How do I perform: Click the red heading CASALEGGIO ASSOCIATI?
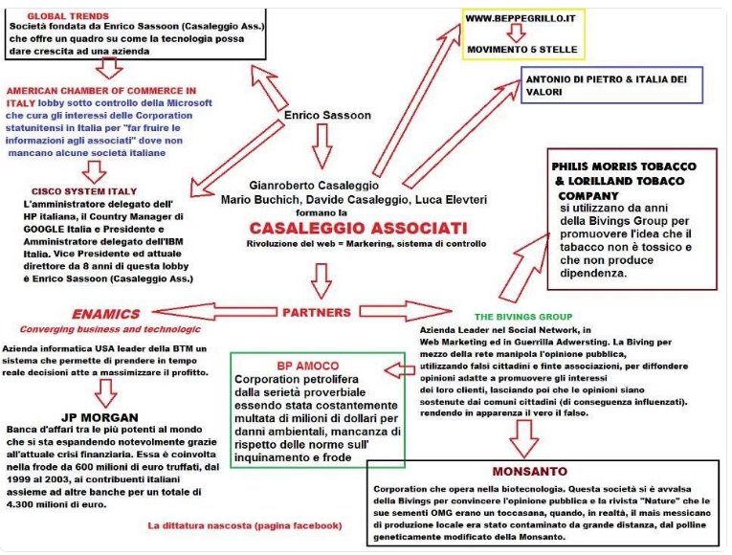pos(359,229)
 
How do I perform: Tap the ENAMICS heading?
pos(105,313)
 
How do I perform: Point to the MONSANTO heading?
pos(532,472)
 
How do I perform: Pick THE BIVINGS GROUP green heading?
pos(523,316)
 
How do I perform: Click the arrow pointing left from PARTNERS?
pos(220,311)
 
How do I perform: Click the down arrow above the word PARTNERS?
pos(322,280)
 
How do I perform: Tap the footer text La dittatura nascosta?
pos(244,525)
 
